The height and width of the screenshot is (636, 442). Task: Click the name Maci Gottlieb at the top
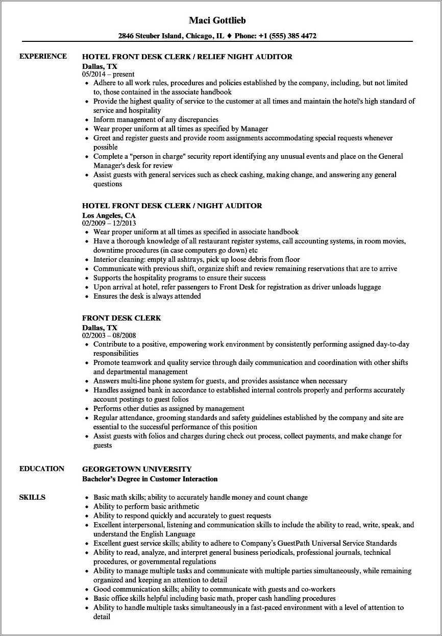pyautogui.click(x=220, y=20)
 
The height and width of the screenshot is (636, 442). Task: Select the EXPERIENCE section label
pyautogui.click(x=43, y=56)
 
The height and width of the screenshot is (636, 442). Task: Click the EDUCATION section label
pyautogui.click(x=42, y=469)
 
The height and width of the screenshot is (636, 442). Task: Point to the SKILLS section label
pyautogui.click(x=32, y=497)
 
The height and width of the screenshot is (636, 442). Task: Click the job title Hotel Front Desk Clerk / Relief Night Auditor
pyautogui.click(x=187, y=57)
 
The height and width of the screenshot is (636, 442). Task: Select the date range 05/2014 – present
pyautogui.click(x=108, y=74)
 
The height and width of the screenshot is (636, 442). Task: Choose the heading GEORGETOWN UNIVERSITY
pyautogui.click(x=137, y=469)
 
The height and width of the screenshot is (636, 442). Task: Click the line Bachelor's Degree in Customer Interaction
pyautogui.click(x=150, y=479)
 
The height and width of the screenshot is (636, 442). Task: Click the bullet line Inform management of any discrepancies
pyautogui.click(x=156, y=119)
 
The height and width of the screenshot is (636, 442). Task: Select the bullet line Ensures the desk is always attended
pyautogui.click(x=147, y=296)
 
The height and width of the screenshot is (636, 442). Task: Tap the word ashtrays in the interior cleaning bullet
pyautogui.click(x=182, y=259)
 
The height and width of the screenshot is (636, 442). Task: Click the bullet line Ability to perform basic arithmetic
pyautogui.click(x=146, y=506)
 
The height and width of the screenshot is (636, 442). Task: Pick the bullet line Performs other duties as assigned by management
pyautogui.click(x=168, y=408)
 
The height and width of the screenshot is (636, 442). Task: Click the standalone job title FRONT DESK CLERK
pyautogui.click(x=121, y=318)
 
